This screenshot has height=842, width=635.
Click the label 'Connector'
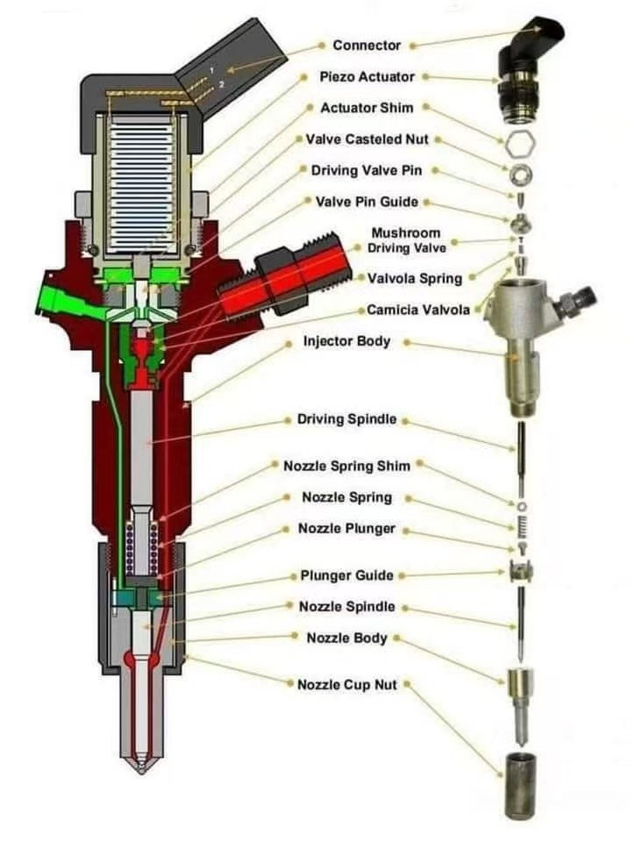[367, 45]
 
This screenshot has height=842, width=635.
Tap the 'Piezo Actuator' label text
[367, 76]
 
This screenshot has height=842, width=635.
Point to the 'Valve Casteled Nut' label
[367, 139]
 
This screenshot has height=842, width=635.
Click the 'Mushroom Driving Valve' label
[405, 240]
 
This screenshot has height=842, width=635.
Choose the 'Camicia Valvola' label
[418, 310]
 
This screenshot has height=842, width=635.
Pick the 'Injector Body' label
[346, 340]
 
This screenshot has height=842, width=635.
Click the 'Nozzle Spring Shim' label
[346, 465]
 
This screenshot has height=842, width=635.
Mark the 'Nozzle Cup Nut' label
[346, 684]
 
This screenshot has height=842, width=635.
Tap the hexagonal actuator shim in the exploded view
[517, 142]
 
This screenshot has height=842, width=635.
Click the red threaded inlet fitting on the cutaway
[279, 281]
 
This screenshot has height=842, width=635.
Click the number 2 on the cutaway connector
[222, 84]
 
